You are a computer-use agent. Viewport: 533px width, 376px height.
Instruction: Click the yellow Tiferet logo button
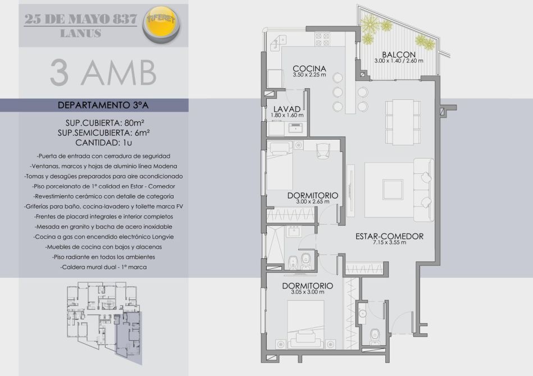162,25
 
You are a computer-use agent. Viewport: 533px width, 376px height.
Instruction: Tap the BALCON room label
399,54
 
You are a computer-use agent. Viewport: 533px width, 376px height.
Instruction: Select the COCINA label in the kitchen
309,68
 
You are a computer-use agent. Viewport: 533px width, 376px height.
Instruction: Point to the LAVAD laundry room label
287,109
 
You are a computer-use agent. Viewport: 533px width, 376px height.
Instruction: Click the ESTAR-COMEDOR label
389,236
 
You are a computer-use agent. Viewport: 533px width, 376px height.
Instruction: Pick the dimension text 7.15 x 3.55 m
389,242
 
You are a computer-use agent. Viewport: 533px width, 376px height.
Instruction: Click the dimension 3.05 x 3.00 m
308,292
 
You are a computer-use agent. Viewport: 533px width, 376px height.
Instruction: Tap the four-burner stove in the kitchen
322,39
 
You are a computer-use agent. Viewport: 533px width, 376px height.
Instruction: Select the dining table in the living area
399,122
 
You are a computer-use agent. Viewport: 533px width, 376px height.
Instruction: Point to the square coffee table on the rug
393,190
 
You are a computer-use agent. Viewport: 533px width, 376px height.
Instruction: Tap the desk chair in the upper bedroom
323,151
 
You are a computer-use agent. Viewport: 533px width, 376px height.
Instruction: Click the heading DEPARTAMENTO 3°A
103,106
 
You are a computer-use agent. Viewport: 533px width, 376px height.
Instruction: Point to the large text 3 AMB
103,72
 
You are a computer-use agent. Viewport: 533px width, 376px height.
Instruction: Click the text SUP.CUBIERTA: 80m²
103,122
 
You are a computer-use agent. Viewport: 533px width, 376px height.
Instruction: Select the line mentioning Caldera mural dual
104,267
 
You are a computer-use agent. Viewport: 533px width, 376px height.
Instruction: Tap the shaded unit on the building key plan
129,336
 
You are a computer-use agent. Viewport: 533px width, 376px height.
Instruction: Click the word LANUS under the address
80,33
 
